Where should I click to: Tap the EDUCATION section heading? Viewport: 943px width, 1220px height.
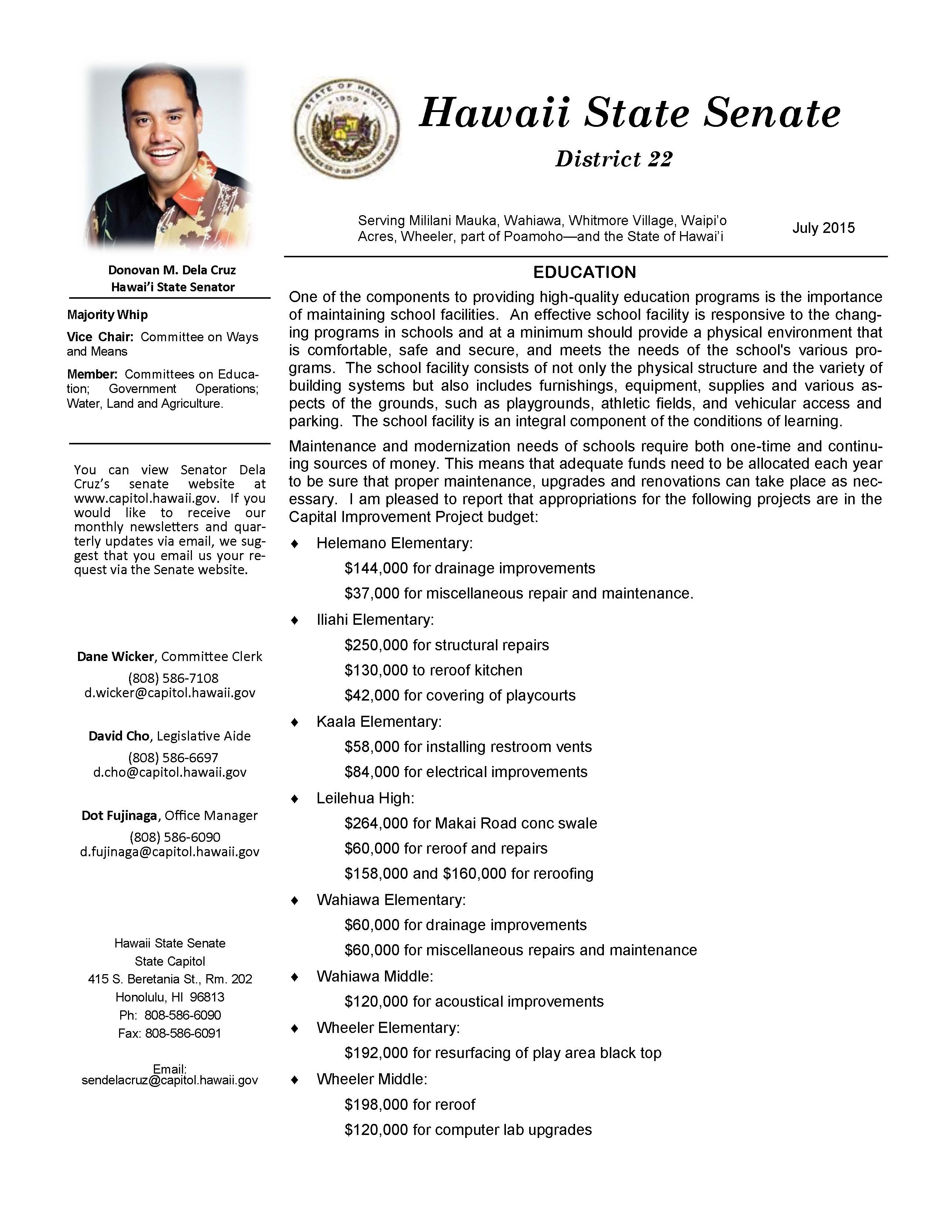point(584,272)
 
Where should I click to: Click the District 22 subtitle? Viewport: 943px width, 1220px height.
point(614,159)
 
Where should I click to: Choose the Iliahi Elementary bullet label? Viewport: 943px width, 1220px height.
point(375,620)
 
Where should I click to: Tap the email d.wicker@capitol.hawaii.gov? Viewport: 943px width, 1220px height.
point(170,693)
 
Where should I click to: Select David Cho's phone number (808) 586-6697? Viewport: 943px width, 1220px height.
point(173,758)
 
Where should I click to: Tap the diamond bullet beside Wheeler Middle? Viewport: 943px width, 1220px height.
point(295,1080)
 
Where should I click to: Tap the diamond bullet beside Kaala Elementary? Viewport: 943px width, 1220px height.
point(295,722)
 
